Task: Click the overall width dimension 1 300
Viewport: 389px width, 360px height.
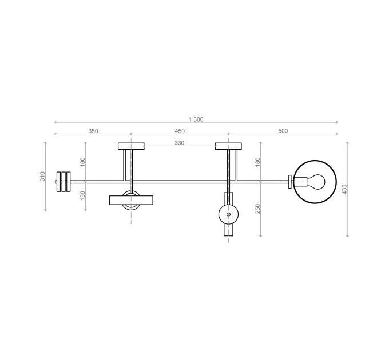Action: tap(196, 119)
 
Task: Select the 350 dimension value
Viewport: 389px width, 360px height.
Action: tap(93, 131)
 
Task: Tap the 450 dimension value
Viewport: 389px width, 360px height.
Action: tap(179, 131)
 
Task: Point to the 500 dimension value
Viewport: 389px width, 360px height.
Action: tap(283, 131)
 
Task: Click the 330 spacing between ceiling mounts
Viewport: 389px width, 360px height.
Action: tap(179, 143)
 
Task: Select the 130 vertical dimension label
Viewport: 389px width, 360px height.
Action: tap(82, 195)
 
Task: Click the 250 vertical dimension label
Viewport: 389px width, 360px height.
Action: tap(258, 209)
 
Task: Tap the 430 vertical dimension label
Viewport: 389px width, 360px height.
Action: tap(344, 189)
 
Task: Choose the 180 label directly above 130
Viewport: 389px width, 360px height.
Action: tap(82, 162)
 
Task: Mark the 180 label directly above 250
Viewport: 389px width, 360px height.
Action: tap(258, 162)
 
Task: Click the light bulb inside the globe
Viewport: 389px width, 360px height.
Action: tap(314, 182)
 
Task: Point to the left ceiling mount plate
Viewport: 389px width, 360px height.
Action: tap(131, 146)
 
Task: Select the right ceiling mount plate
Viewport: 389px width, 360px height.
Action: tap(228, 146)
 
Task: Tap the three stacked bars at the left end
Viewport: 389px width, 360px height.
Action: tap(63, 181)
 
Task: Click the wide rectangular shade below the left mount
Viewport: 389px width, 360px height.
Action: tap(131, 200)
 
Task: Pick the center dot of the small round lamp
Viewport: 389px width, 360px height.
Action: tap(228, 214)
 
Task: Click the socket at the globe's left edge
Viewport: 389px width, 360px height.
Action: tap(291, 182)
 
